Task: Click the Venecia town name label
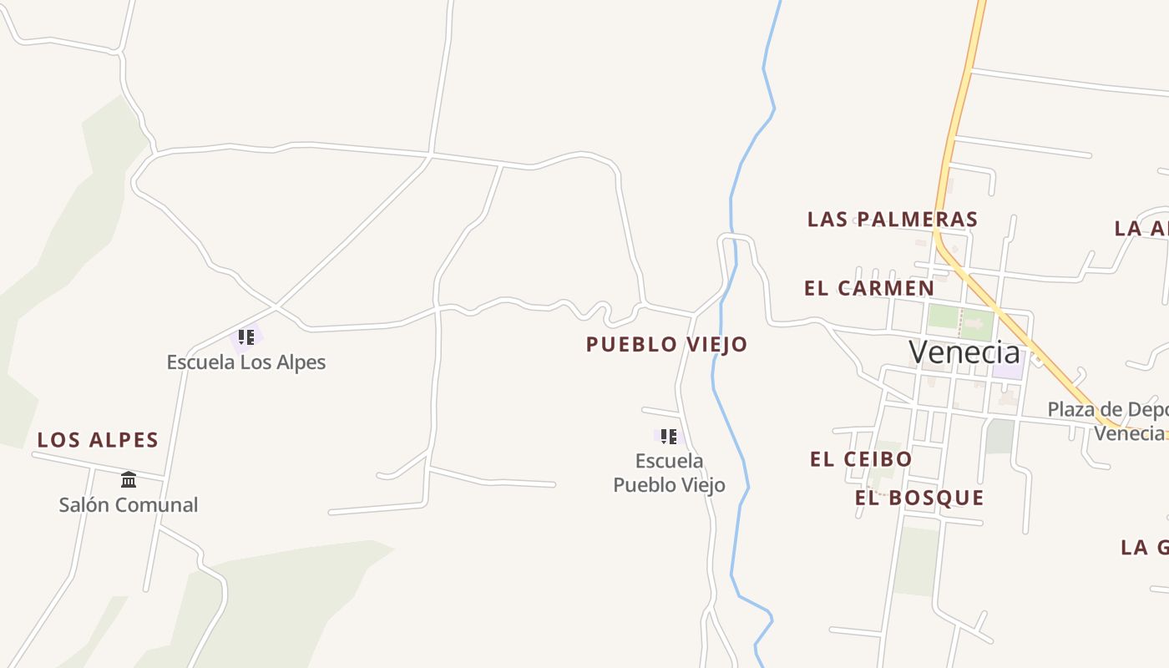964,352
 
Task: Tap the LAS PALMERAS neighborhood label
892,220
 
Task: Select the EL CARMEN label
869,288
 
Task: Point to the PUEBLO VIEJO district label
666,344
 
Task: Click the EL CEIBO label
861,459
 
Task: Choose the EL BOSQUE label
919,498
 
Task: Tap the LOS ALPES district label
98,440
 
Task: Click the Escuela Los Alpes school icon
245,337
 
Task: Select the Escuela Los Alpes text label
245,362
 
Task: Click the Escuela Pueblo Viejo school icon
668,436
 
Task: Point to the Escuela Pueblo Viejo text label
669,473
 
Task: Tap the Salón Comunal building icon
129,479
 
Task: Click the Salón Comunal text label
129,504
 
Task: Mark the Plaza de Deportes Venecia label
1107,421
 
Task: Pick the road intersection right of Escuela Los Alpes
276,306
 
